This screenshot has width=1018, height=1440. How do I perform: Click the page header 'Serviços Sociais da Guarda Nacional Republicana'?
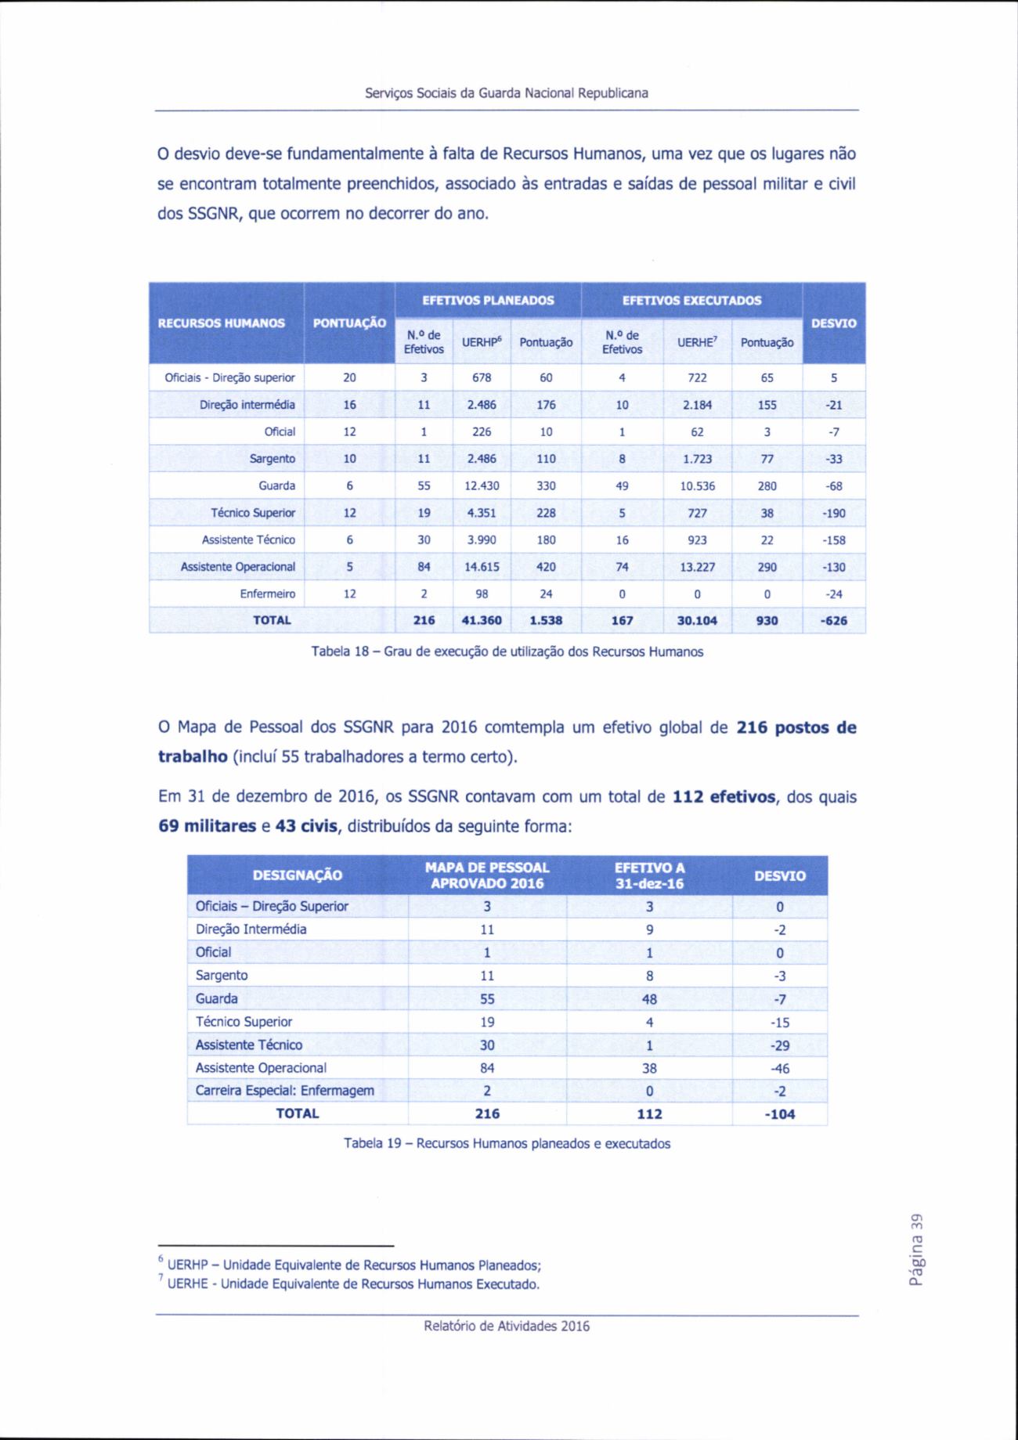[x=507, y=93]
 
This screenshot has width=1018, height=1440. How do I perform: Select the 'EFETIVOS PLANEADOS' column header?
[x=488, y=301]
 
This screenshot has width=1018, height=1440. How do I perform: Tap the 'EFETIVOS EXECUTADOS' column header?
[x=691, y=301]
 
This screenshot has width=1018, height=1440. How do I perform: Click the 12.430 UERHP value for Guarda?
[x=482, y=486]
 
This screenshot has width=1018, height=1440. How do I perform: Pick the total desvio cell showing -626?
[x=835, y=621]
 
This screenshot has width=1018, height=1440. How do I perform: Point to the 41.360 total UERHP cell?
[x=482, y=621]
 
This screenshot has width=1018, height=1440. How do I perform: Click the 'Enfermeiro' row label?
[x=267, y=594]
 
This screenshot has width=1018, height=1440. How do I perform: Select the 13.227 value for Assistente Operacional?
[x=697, y=567]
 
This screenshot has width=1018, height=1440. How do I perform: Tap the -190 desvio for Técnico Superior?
[x=835, y=514]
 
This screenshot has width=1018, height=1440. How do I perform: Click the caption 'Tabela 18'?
[x=507, y=651]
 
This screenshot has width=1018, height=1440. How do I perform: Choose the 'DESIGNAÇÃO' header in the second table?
[x=298, y=875]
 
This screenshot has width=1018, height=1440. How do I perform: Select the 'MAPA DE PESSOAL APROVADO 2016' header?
[x=487, y=875]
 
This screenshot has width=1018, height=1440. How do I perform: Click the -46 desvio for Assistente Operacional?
[x=779, y=1068]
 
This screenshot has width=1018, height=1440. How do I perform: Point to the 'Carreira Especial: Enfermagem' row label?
[x=285, y=1091]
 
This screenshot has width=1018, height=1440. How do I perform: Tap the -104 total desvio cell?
[x=779, y=1114]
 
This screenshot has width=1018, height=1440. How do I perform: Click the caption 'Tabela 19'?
[x=507, y=1144]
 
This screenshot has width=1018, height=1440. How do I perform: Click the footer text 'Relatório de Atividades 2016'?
[x=507, y=1326]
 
